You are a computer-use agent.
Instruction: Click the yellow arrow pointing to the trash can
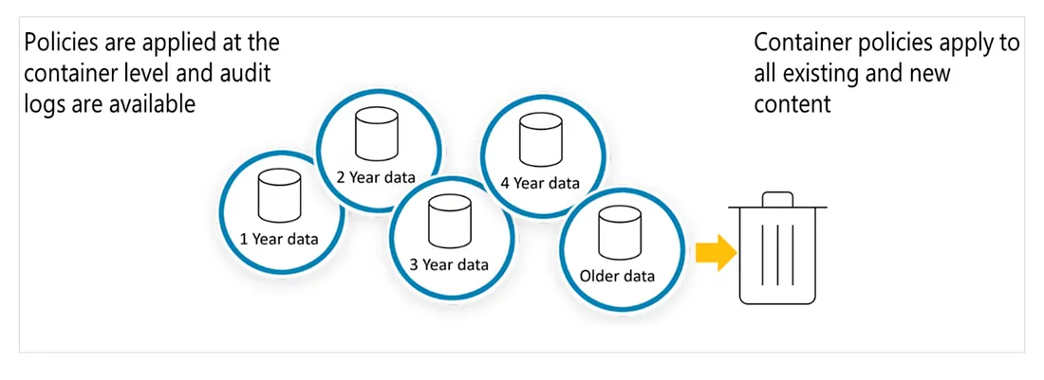click(715, 253)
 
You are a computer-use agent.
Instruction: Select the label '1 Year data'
click(279, 238)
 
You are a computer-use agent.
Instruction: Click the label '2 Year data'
click(376, 176)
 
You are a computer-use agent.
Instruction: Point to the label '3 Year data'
click(449, 264)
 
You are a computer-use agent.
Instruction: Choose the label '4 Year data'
click(540, 183)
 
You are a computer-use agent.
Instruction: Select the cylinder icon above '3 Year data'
click(448, 219)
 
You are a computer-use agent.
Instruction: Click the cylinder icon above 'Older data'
click(616, 230)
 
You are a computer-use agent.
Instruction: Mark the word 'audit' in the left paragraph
click(243, 73)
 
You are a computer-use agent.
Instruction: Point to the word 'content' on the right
click(792, 103)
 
